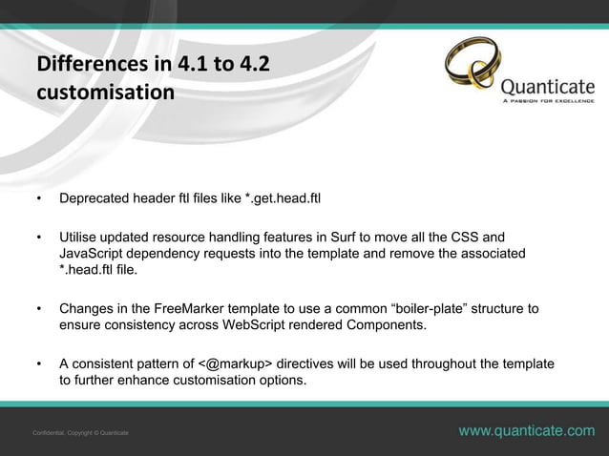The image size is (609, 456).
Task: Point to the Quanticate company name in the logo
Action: click(547, 83)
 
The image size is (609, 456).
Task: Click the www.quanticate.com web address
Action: click(526, 432)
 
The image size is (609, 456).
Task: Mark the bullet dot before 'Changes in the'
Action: click(39, 309)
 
